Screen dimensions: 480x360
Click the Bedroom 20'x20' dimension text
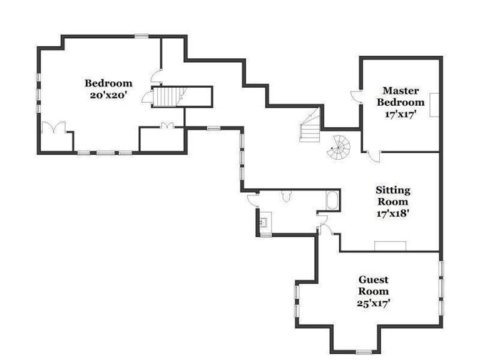108,95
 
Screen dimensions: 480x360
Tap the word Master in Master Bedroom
401,91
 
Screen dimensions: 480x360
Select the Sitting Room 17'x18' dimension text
393,213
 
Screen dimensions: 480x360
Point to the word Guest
373,280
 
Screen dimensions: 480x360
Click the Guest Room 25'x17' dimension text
373,303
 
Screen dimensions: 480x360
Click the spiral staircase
339,148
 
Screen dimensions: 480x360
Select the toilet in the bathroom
286,196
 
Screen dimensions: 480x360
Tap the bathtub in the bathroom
332,200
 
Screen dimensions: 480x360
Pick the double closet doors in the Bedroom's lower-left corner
54,127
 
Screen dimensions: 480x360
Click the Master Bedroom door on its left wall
356,96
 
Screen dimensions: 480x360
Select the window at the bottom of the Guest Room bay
364,352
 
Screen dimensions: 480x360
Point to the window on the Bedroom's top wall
141,36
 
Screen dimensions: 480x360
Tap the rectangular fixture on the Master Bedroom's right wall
434,105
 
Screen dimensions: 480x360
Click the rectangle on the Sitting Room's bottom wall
391,246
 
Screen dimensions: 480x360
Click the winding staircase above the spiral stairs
310,125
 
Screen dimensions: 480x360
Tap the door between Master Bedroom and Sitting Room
374,156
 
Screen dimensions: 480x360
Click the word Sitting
393,190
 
